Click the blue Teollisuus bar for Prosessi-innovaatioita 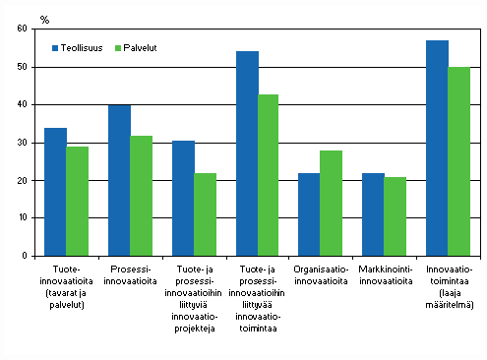click(x=119, y=180)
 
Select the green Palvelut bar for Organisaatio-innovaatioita click(x=332, y=203)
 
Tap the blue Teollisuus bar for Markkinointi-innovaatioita click(x=373, y=214)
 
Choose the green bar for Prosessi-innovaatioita click(x=141, y=195)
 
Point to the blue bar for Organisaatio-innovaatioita click(x=310, y=214)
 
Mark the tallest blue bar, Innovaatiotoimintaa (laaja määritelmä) click(x=437, y=148)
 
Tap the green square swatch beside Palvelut click(x=119, y=47)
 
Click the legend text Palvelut click(x=146, y=47)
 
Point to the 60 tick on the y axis click(x=22, y=29)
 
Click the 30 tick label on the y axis click(x=22, y=143)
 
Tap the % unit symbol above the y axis click(x=44, y=18)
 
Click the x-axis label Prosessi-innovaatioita click(x=130, y=271)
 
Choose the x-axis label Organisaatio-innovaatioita click(x=321, y=271)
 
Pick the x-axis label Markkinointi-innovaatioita click(x=384, y=271)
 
